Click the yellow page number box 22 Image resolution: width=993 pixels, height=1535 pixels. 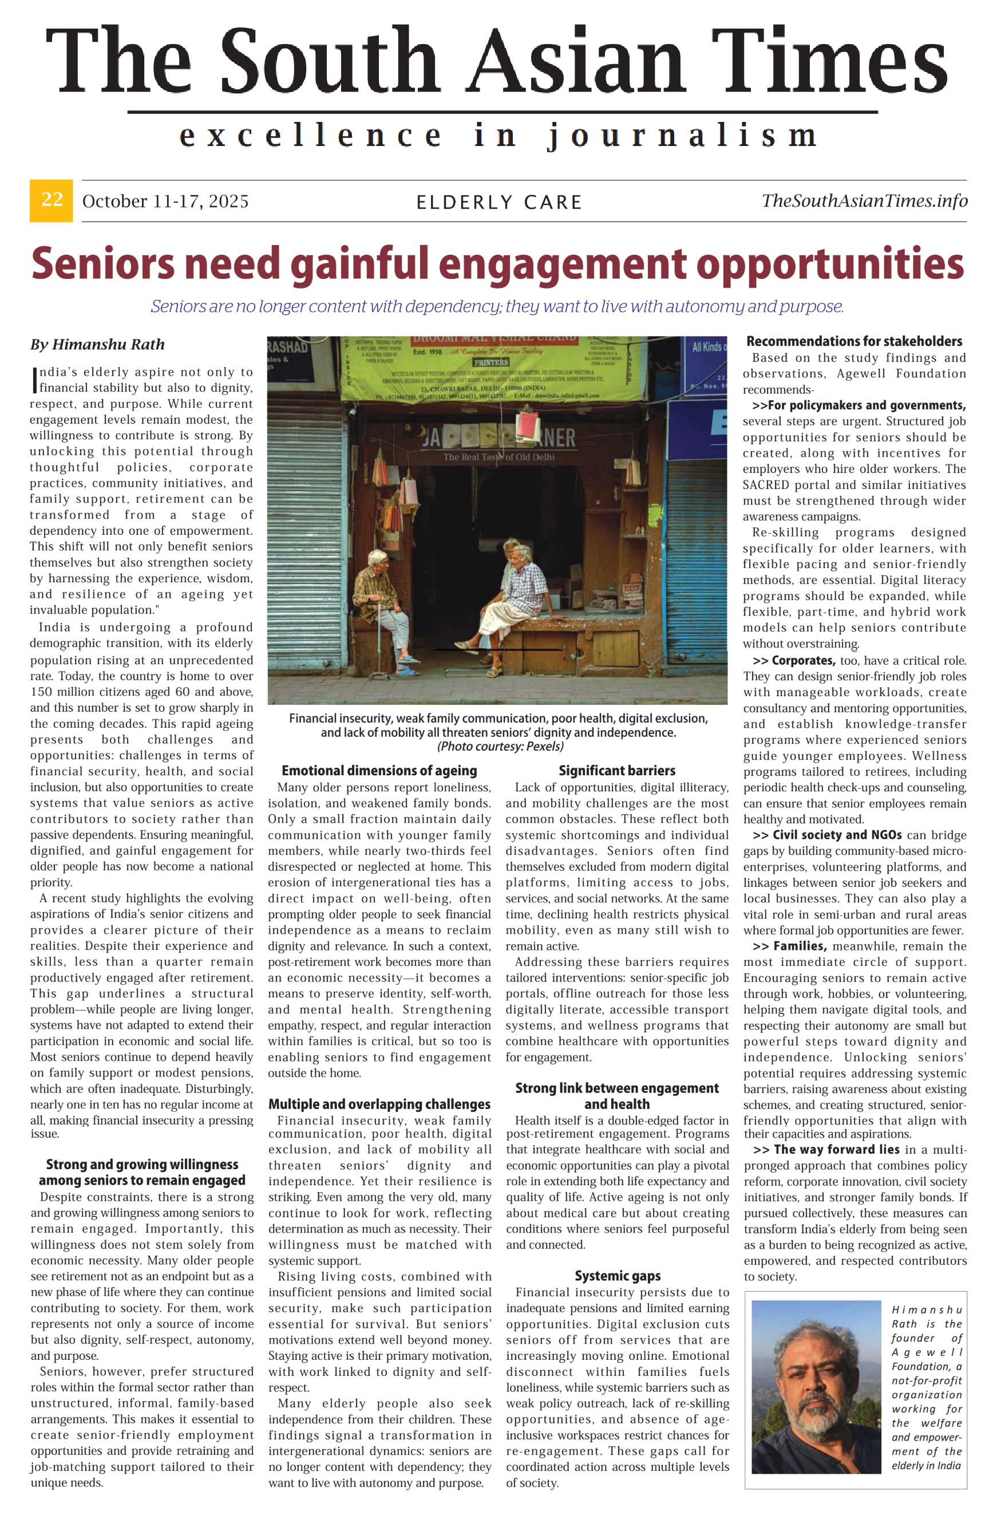coord(51,200)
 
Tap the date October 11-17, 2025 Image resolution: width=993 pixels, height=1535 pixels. coord(165,201)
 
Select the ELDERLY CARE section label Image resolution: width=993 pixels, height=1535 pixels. coord(499,203)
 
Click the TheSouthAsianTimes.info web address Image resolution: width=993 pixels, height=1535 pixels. coord(864,200)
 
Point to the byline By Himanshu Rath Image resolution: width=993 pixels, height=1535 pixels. coord(97,345)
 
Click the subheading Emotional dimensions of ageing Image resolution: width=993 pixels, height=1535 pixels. coord(379,770)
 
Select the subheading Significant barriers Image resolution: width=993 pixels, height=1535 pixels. coord(616,770)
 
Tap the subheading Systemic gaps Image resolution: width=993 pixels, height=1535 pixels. coord(617,1276)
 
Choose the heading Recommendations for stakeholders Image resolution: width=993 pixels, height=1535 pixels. coord(854,341)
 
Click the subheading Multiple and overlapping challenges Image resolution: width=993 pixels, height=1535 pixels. coord(379,1104)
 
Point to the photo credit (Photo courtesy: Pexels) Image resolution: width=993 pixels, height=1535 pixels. coord(500,746)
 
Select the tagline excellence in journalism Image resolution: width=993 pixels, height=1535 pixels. coord(498,136)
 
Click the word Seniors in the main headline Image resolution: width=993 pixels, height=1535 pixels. coord(102,264)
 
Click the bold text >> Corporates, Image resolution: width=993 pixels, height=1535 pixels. coord(794,661)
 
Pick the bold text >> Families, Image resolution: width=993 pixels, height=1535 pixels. coord(790,946)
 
